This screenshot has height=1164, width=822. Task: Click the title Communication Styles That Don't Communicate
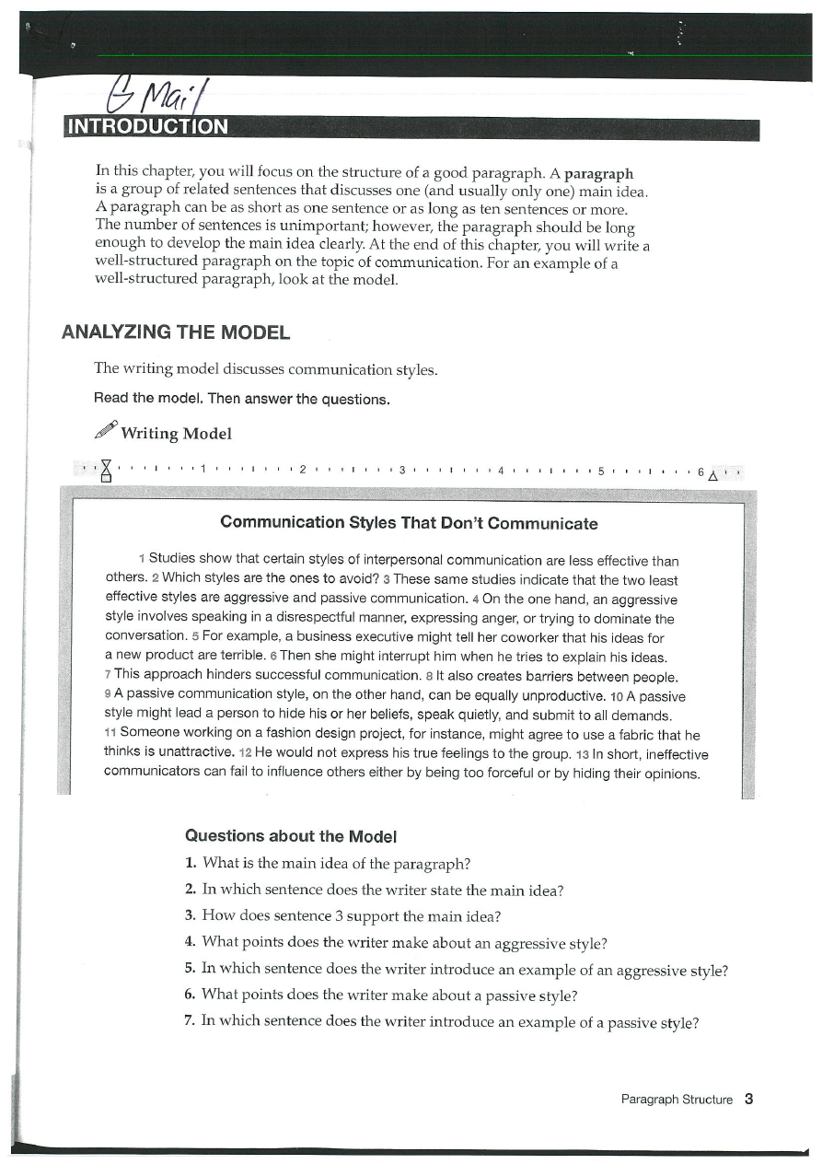[x=409, y=524]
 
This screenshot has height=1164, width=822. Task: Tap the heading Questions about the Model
[x=291, y=836]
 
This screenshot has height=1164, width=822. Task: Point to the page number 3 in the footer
[x=749, y=1099]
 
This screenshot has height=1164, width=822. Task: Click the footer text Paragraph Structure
[x=677, y=1100]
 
